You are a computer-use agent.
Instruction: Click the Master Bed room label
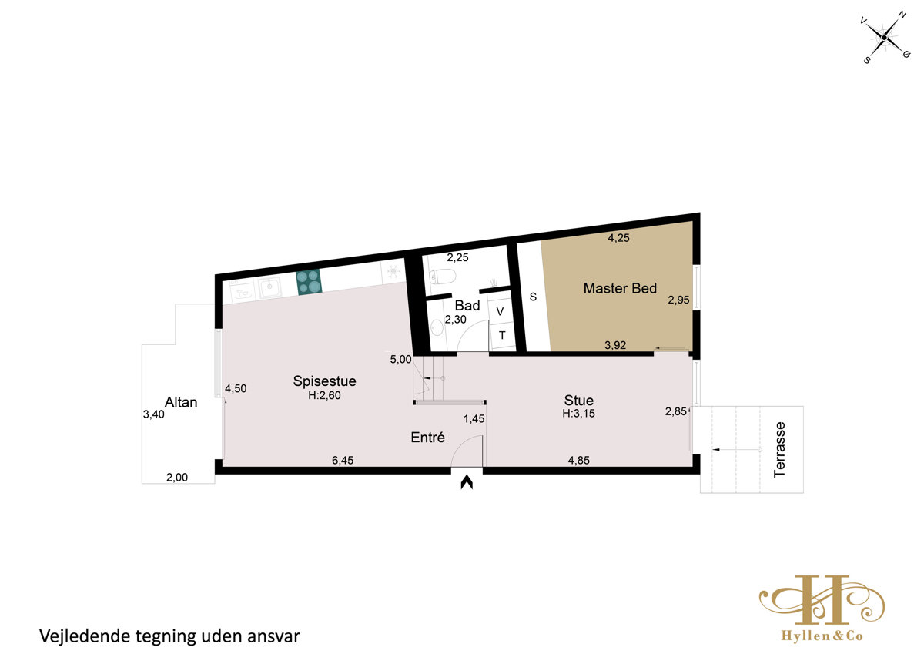[620, 288]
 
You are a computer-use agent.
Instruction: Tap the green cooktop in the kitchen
[309, 282]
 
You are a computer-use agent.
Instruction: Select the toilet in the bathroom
[442, 276]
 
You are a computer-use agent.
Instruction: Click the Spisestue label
[325, 381]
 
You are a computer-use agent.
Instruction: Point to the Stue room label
[579, 401]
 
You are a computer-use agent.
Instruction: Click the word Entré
[428, 437]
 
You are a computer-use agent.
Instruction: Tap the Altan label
[181, 402]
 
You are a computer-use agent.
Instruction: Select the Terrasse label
[779, 450]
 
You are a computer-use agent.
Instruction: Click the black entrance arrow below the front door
[467, 482]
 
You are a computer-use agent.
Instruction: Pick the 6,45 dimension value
[343, 460]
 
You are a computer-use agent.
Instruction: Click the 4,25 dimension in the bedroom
[619, 238]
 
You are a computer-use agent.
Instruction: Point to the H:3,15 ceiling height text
[579, 414]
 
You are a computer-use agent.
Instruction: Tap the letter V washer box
[500, 311]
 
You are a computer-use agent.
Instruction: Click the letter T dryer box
[502, 335]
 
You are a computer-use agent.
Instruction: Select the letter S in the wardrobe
[533, 297]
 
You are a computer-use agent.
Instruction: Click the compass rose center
[884, 38]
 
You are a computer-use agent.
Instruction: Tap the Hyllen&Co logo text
[822, 636]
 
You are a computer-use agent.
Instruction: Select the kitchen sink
[270, 287]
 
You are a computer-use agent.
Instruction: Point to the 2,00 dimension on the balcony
[177, 478]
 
